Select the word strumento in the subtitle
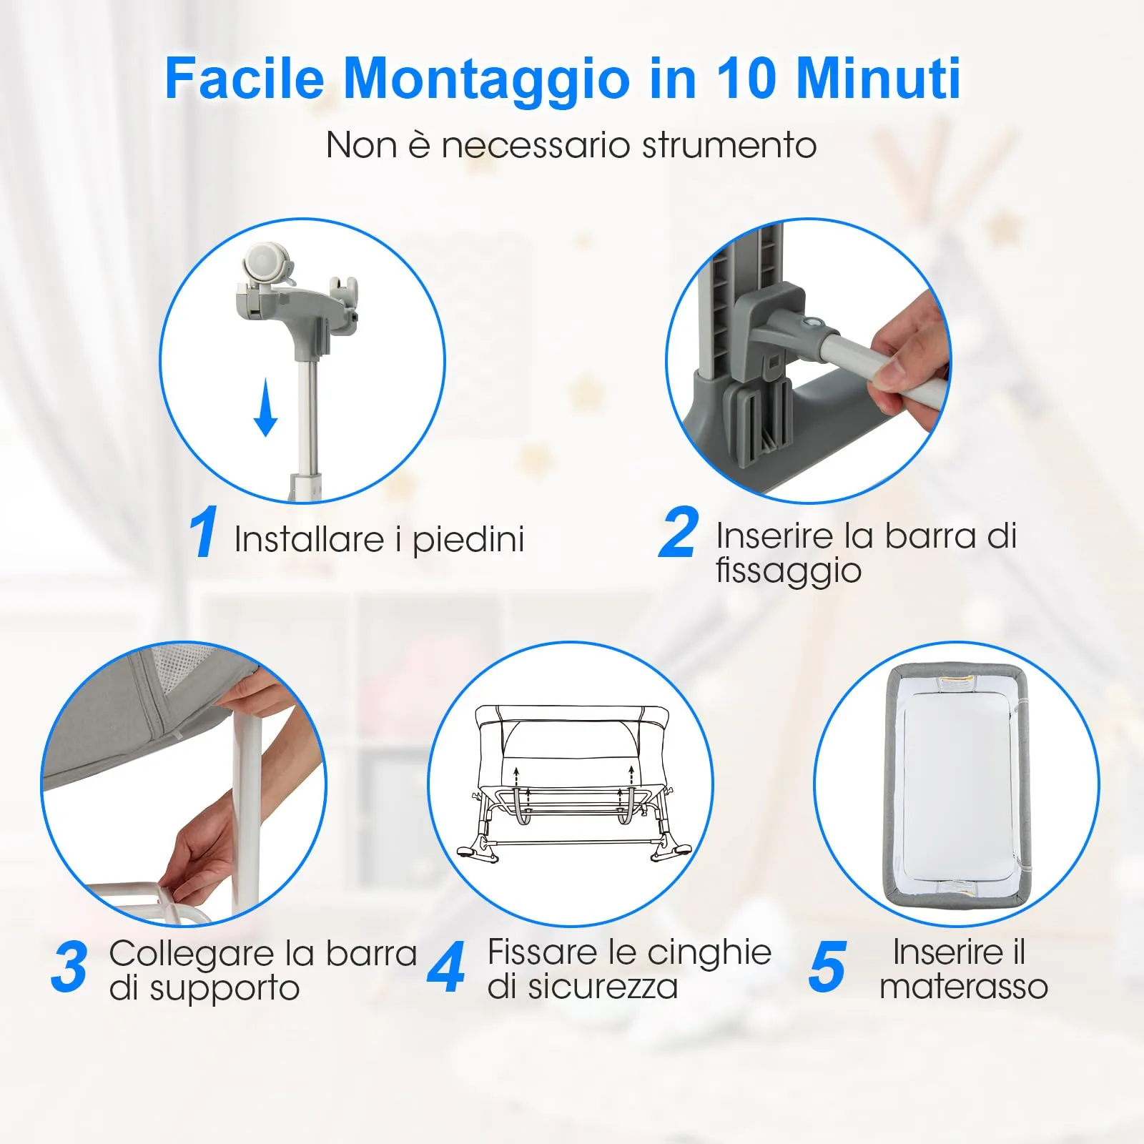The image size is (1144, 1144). tap(729, 145)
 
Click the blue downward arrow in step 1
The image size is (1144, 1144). tap(265, 408)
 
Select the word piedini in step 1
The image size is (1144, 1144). tap(468, 540)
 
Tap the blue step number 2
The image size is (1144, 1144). tap(677, 533)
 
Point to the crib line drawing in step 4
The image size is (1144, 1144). tap(572, 783)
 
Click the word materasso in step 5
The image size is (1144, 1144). tap(963, 987)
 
